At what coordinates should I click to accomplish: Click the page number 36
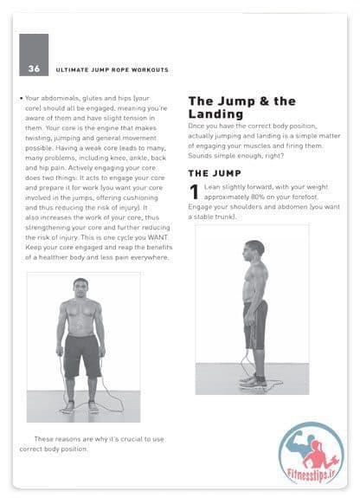point(34,68)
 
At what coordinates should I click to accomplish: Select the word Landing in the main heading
point(215,113)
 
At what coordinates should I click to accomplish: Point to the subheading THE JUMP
point(215,173)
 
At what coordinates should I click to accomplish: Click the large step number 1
point(194,192)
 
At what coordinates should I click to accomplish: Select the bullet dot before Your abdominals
point(22,98)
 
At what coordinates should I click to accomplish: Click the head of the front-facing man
point(80,288)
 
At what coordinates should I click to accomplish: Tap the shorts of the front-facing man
point(82,355)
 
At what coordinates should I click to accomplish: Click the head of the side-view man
point(254,250)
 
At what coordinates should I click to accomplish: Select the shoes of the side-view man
point(254,381)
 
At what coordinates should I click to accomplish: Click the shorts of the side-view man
point(255,325)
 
